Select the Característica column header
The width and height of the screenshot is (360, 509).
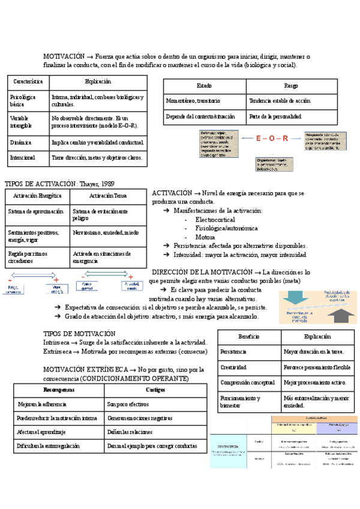(x=28, y=81)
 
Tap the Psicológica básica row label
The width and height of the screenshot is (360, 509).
(x=23, y=100)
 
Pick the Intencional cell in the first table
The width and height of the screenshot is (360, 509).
(x=22, y=158)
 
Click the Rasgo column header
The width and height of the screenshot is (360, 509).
(x=291, y=86)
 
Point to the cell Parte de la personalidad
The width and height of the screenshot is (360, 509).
(x=275, y=116)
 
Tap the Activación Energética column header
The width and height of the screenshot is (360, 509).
(x=37, y=196)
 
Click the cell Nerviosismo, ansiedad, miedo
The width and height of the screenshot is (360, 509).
(x=105, y=232)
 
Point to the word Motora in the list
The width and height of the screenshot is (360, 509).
(x=205, y=237)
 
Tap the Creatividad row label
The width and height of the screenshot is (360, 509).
(x=234, y=367)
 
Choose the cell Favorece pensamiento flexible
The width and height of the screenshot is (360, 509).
(x=317, y=367)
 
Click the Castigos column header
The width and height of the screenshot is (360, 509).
(x=155, y=390)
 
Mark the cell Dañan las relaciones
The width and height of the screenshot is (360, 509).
(x=130, y=432)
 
